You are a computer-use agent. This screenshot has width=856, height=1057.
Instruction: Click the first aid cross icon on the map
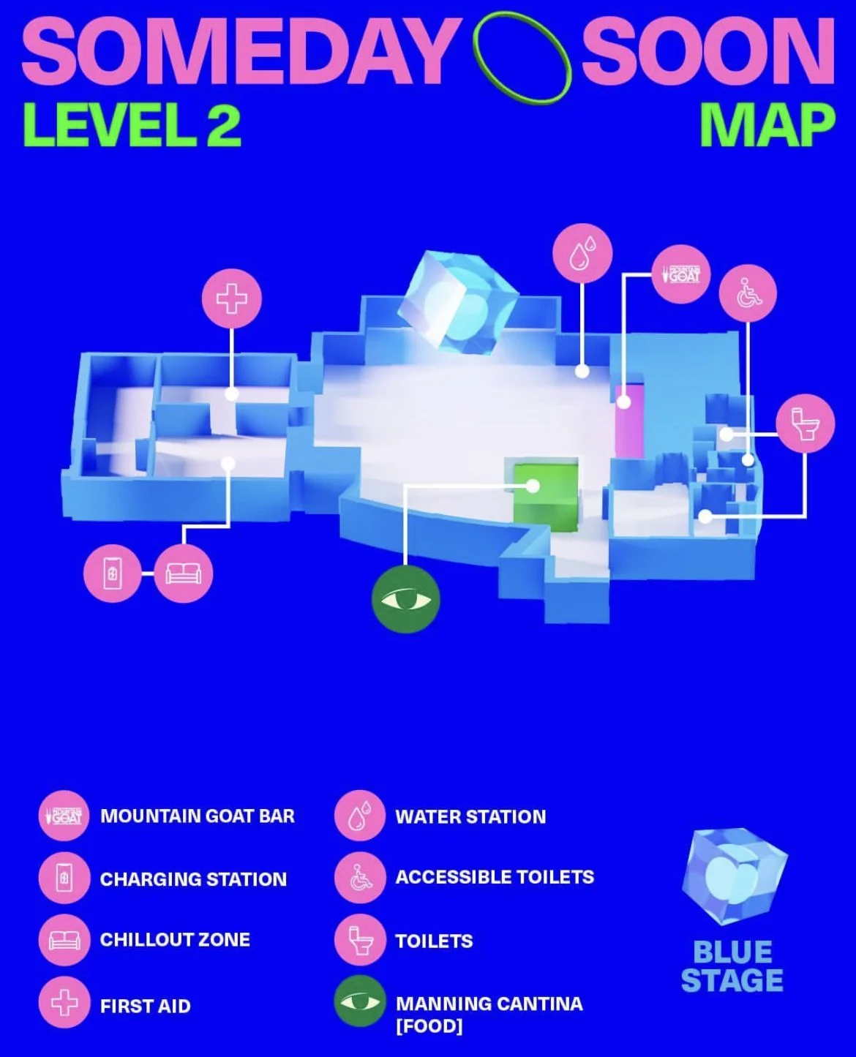pos(231,299)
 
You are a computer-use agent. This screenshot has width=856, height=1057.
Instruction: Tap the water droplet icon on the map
pos(582,253)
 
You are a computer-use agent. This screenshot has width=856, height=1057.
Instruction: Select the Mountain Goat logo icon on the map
pos(680,274)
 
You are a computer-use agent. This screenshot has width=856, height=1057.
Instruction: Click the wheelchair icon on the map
pos(747,293)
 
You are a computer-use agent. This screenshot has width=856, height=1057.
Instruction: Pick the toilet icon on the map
pos(805,424)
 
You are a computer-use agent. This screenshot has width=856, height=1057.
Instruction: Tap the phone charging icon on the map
pos(112,573)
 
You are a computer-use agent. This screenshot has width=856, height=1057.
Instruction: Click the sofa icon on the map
pos(184,573)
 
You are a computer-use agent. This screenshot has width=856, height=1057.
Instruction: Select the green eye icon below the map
pos(405,600)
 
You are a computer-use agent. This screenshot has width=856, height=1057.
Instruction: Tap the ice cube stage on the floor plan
pos(457,303)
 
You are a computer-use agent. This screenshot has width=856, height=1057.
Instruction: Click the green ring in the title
pos(522,57)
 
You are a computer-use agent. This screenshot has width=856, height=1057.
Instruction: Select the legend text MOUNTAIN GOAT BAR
pos(198,816)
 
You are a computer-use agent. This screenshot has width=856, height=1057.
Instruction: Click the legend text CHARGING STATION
pos(193,879)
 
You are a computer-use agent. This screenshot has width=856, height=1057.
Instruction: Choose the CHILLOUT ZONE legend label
pos(175,940)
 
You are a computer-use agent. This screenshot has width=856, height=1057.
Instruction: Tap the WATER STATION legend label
pos(470,817)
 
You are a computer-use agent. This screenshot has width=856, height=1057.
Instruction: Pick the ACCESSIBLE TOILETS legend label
pos(495,877)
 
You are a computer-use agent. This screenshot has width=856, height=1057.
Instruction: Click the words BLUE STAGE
pos(732,966)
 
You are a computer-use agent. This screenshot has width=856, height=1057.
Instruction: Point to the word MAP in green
pos(767,126)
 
